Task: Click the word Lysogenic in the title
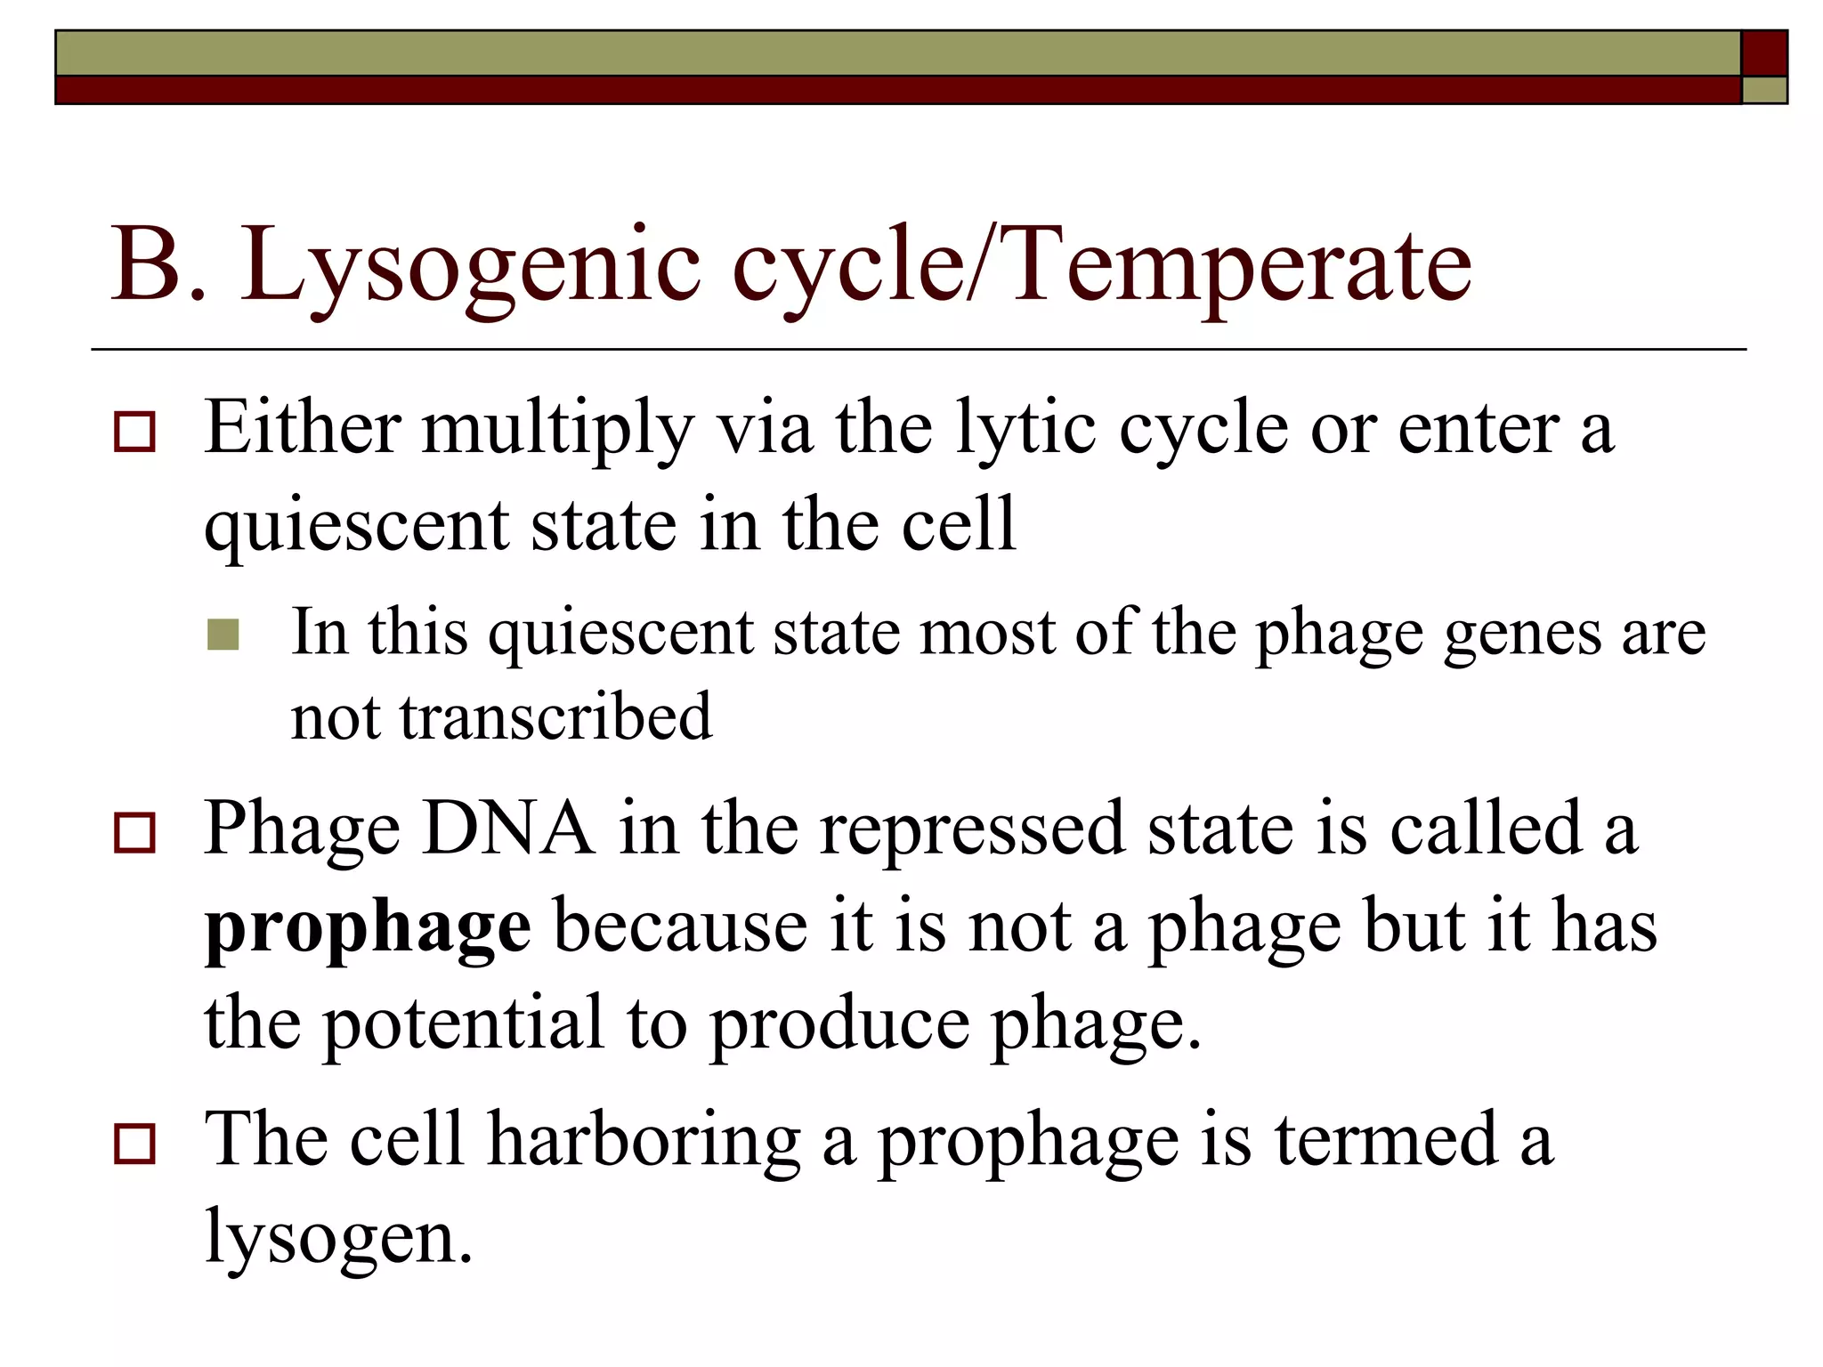[469, 265]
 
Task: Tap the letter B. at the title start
[158, 265]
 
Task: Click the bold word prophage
[368, 927]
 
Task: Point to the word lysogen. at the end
[338, 1239]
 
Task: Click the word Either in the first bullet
[302, 428]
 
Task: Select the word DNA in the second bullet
[508, 829]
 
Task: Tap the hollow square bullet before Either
[134, 433]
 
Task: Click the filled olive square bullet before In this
[223, 635]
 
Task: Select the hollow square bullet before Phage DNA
[134, 833]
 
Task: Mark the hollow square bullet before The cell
[134, 1145]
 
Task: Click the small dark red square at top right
[1763, 53]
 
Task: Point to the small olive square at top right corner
[1763, 90]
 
